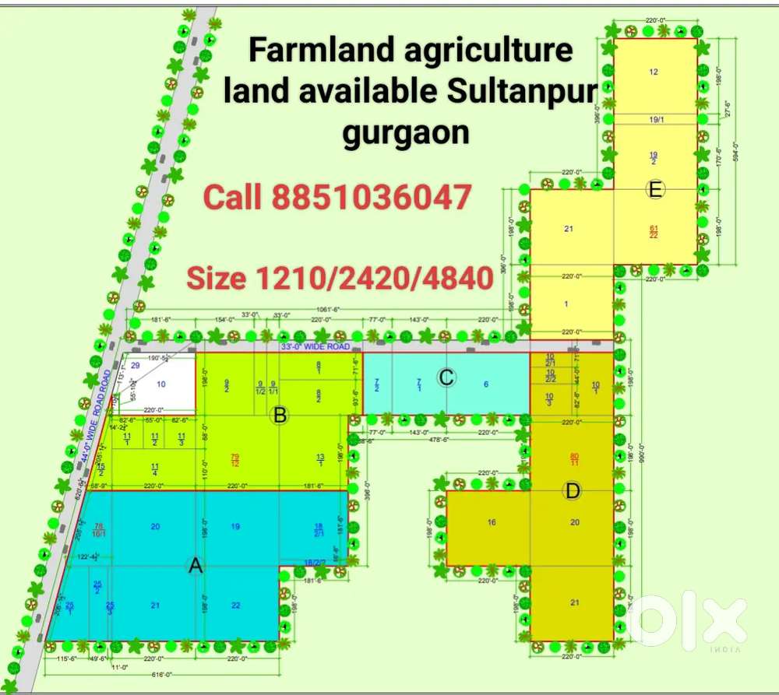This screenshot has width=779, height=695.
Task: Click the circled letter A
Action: [x=196, y=567]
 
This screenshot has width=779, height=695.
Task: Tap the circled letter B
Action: [x=280, y=416]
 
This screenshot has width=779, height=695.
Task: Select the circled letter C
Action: [x=446, y=377]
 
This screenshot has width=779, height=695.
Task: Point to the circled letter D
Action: [x=573, y=490]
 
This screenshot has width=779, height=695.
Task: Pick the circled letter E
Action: [x=654, y=188]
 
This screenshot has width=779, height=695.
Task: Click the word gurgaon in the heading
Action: [x=406, y=132]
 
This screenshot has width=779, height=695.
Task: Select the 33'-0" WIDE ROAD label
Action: [x=315, y=346]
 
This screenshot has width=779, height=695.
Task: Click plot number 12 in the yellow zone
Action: [x=654, y=72]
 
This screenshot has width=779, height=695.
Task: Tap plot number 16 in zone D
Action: [x=492, y=521]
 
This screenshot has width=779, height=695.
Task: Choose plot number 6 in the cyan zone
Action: [x=486, y=384]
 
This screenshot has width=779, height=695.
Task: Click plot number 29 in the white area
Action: [x=135, y=365]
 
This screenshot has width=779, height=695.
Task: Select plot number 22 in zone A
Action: [x=235, y=605]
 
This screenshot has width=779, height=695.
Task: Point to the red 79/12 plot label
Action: [x=234, y=459]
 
